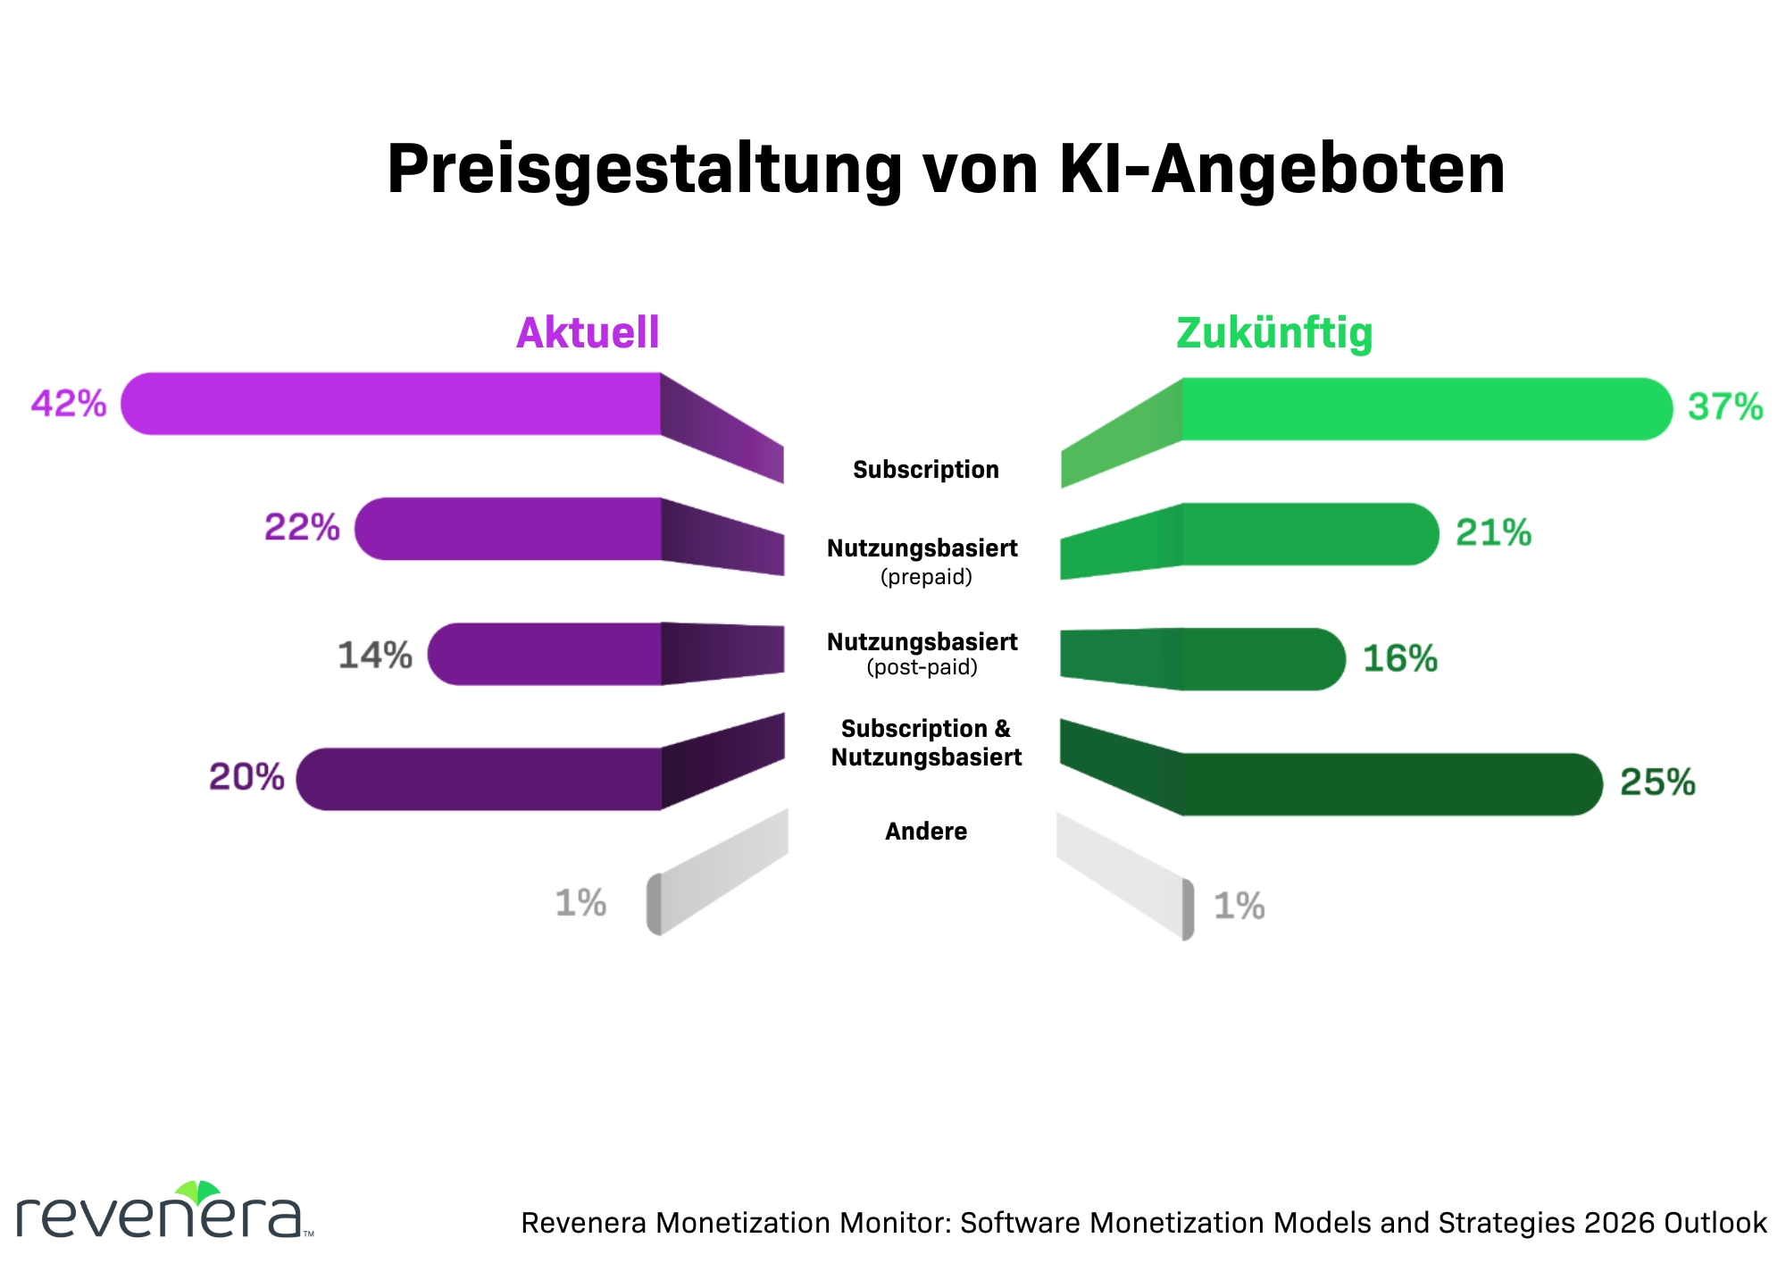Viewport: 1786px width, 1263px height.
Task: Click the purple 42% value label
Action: [69, 404]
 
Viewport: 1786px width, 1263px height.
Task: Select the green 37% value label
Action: [1725, 407]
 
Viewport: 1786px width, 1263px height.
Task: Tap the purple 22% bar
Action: [509, 529]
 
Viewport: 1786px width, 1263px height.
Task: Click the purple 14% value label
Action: [375, 655]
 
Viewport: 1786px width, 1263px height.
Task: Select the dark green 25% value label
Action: [1657, 782]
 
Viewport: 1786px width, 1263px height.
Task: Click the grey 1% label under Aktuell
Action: [580, 903]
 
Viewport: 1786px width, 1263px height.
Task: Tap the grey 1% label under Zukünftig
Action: [1239, 907]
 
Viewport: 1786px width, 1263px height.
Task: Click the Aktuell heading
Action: [588, 333]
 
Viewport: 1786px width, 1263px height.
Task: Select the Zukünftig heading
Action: [1274, 333]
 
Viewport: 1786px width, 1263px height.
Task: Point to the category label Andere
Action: [926, 832]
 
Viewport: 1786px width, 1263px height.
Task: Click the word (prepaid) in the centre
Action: [926, 577]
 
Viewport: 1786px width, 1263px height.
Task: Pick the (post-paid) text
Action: [922, 667]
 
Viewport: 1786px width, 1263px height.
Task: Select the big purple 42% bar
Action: [393, 404]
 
